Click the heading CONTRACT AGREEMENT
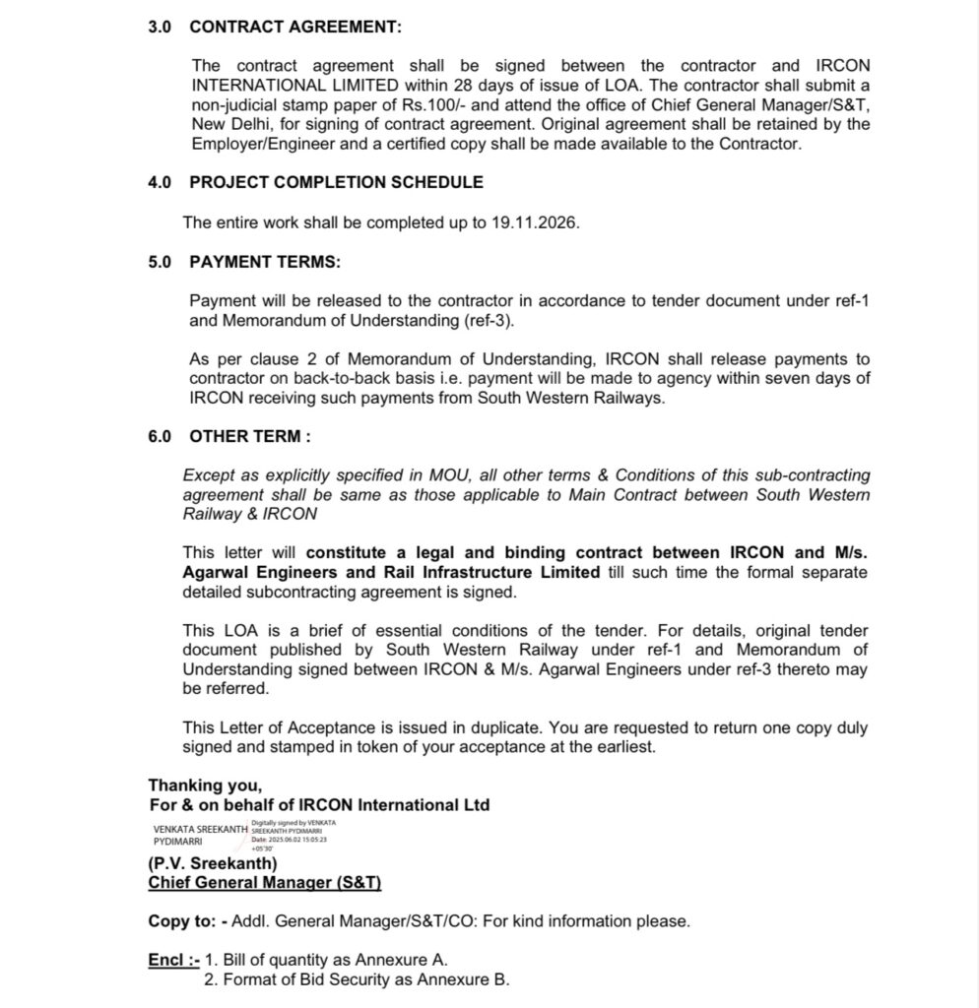pos(295,28)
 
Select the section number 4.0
pos(160,182)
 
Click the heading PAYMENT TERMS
pos(265,263)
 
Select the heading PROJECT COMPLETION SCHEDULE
pos(336,182)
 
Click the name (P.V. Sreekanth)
pos(213,864)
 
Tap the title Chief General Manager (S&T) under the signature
pos(264,883)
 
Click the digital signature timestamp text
pos(290,840)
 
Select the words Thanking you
pos(205,786)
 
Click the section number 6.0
pos(160,436)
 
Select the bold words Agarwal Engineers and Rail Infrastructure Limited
pos(390,572)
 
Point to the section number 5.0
pos(160,263)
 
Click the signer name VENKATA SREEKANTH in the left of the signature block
pos(200,830)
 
